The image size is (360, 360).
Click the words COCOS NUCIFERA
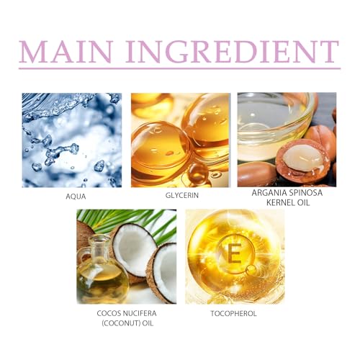point(126,313)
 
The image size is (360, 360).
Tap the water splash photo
point(71,140)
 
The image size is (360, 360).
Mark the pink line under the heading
point(179,69)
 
